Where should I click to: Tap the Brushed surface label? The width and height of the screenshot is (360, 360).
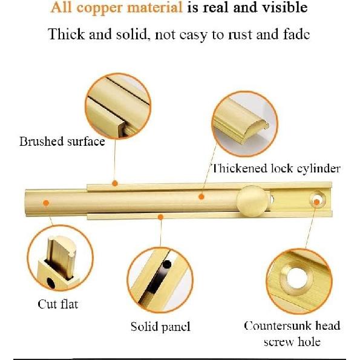(x=62, y=142)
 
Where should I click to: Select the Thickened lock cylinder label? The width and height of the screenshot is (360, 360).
(x=275, y=168)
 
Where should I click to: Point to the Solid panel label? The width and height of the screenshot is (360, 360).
(x=160, y=327)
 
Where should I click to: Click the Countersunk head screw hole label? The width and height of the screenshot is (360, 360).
(x=292, y=333)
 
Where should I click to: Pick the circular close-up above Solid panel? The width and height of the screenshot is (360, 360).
(x=160, y=281)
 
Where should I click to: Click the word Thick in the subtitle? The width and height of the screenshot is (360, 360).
(x=66, y=34)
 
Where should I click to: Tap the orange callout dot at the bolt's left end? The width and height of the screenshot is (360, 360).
(x=45, y=202)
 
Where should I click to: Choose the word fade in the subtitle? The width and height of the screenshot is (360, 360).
(x=295, y=34)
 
